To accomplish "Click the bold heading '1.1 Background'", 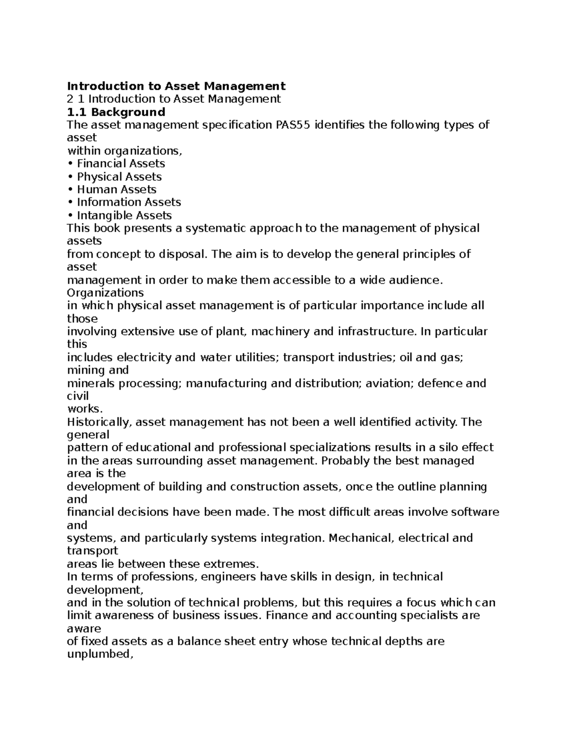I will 116,112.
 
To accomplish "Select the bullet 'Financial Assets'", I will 120,164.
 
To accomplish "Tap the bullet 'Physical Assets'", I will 119,177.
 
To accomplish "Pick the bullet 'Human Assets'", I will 116,189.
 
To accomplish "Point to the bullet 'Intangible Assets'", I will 124,215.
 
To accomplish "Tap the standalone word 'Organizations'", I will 105,293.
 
